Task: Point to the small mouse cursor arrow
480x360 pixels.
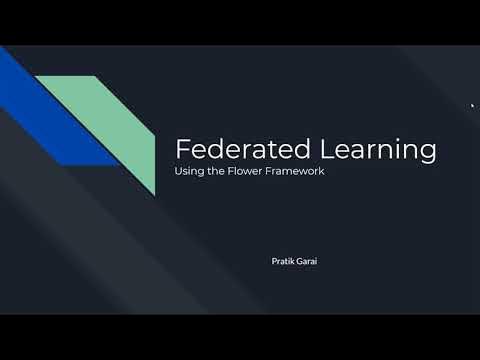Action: click(x=472, y=104)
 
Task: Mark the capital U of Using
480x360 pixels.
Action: click(x=179, y=171)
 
